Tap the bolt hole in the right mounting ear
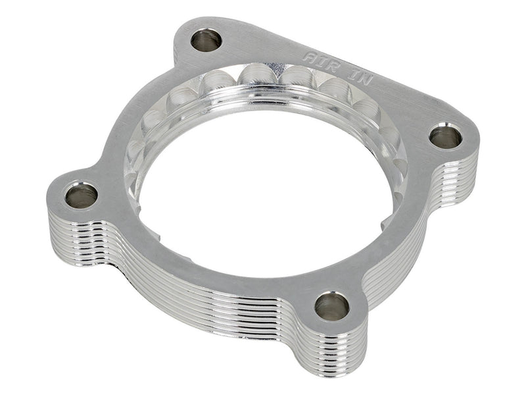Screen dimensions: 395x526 pyautogui.click(x=446, y=136)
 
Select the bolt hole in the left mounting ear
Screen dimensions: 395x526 pyautogui.click(x=82, y=195)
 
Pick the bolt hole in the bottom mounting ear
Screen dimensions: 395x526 pyautogui.click(x=332, y=305)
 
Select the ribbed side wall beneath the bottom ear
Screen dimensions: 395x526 pyautogui.click(x=329, y=349)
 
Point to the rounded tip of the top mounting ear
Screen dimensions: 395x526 pyautogui.click(x=197, y=20)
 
